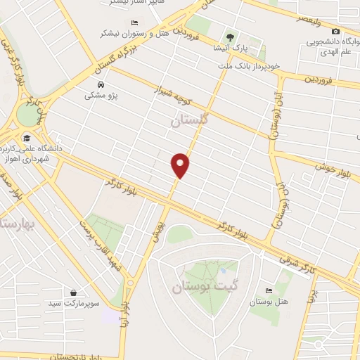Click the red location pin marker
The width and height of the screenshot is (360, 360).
pyautogui.click(x=181, y=165)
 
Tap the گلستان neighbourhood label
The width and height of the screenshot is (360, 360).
pyautogui.click(x=191, y=121)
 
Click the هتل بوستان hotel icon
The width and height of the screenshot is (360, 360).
pyautogui.click(x=268, y=290)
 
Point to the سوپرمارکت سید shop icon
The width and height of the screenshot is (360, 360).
pyautogui.click(x=74, y=292)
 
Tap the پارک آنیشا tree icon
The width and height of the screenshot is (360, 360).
pyautogui.click(x=229, y=37)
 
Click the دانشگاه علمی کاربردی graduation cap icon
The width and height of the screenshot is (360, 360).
pyautogui.click(x=27, y=138)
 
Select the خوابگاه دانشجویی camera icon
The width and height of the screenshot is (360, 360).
pyautogui.click(x=335, y=31)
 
